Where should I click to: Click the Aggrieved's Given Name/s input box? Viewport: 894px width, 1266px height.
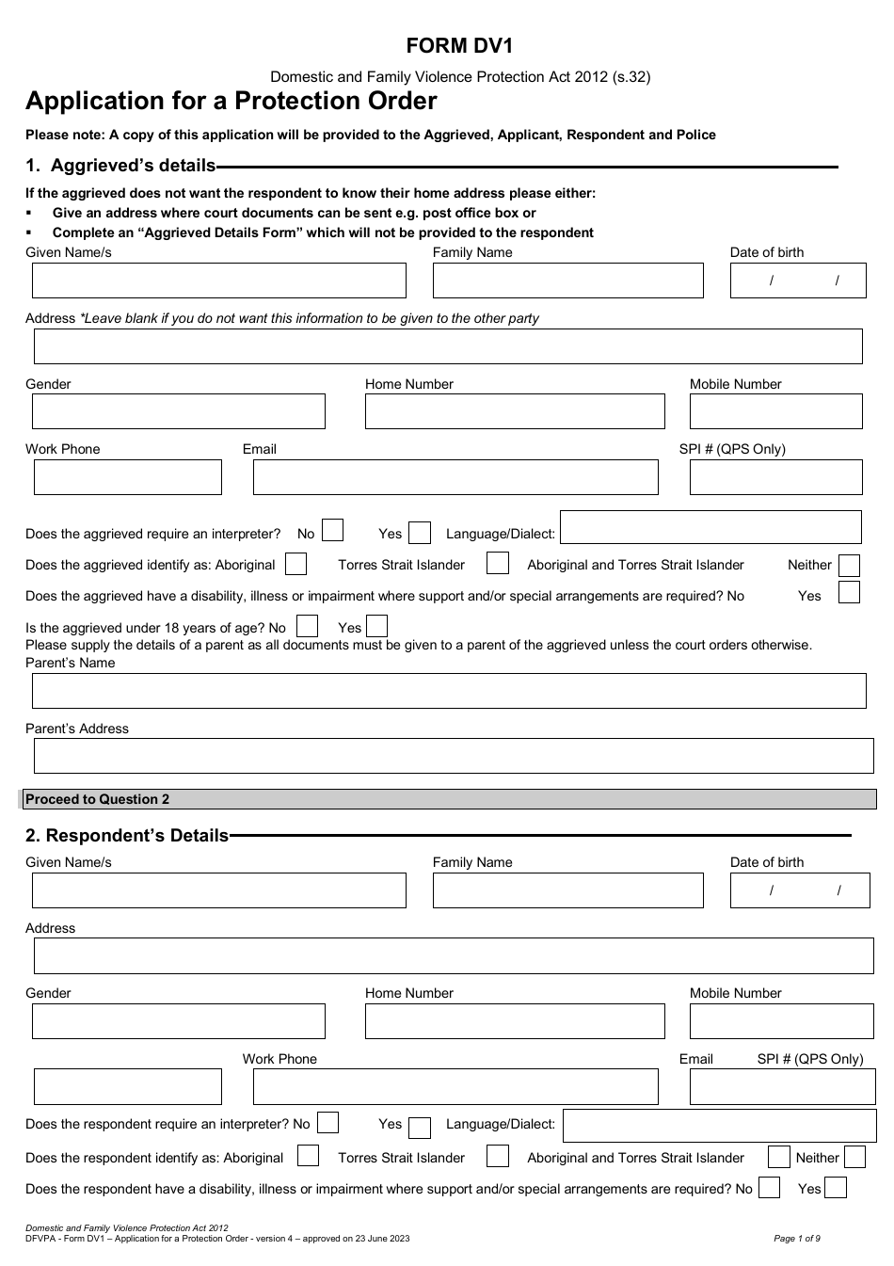pyautogui.click(x=218, y=280)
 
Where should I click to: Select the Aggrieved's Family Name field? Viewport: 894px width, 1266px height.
pyautogui.click(x=567, y=280)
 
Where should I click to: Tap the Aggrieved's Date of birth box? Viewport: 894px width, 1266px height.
pyautogui.click(x=798, y=280)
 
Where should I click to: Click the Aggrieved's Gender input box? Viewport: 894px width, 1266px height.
pyautogui.click(x=178, y=411)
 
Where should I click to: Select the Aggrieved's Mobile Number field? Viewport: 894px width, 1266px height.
pyautogui.click(x=775, y=411)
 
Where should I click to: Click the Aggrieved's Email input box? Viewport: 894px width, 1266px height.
pyautogui.click(x=455, y=477)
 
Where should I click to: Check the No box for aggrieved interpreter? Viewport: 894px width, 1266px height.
pyautogui.click(x=332, y=531)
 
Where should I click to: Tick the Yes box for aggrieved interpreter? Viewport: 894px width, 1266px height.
pyautogui.click(x=420, y=534)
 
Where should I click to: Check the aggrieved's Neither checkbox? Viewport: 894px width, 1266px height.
pyautogui.click(x=848, y=566)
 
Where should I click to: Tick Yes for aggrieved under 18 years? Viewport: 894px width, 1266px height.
pyautogui.click(x=376, y=626)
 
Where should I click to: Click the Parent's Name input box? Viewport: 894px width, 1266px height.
pyautogui.click(x=449, y=691)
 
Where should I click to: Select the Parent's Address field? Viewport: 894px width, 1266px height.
pyautogui.click(x=454, y=756)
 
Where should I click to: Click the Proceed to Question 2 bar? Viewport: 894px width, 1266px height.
pyautogui.click(x=449, y=799)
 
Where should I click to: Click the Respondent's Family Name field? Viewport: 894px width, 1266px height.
pyautogui.click(x=567, y=890)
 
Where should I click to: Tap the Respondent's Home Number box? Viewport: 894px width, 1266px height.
pyautogui.click(x=515, y=1021)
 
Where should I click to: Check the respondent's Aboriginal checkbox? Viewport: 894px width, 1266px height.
pyautogui.click(x=308, y=1156)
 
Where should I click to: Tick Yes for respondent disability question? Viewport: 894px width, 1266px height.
pyautogui.click(x=836, y=1187)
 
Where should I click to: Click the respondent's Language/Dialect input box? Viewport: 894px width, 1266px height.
pyautogui.click(x=713, y=1125)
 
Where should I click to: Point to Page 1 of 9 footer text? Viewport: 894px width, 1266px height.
pyautogui.click(x=796, y=1239)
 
